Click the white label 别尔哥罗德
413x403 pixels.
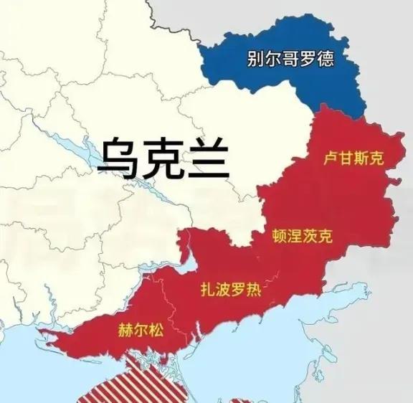(x=290, y=58)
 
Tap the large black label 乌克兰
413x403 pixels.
(x=163, y=158)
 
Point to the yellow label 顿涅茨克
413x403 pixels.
(x=302, y=236)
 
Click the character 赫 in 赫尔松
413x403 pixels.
(x=124, y=331)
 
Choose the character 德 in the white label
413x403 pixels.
(x=326, y=58)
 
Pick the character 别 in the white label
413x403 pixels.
(x=255, y=58)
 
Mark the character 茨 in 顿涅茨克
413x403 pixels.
(x=310, y=236)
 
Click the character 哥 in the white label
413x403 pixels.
(x=290, y=58)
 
